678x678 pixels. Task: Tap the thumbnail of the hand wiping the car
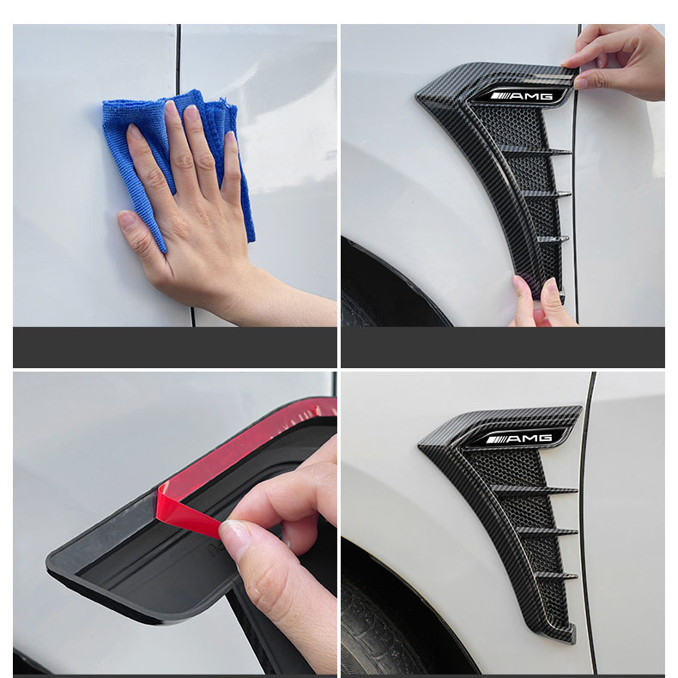click(x=175, y=175)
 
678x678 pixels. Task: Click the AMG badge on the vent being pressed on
click(x=525, y=95)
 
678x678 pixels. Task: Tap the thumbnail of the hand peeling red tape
click(x=175, y=524)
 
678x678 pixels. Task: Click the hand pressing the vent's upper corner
click(x=618, y=61)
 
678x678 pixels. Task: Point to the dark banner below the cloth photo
click(x=175, y=348)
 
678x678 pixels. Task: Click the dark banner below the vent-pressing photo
click(x=503, y=348)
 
